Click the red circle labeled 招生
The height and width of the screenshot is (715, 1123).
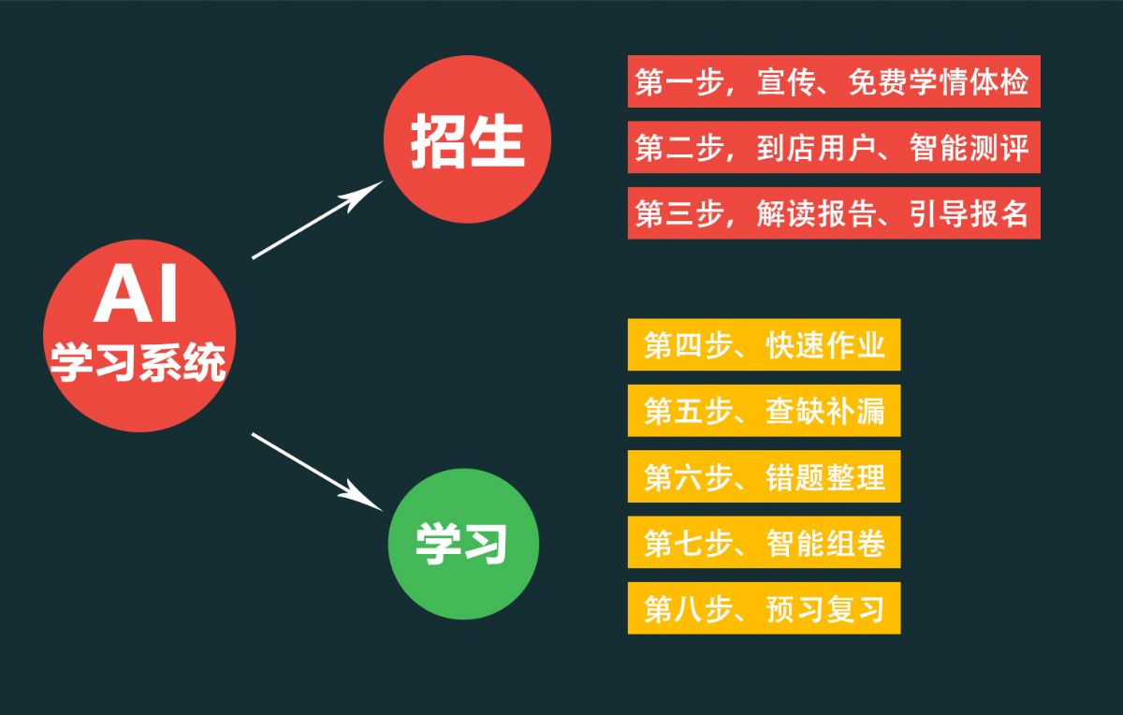467,139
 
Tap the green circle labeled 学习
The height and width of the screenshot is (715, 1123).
464,544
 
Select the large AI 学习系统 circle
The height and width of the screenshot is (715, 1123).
139,336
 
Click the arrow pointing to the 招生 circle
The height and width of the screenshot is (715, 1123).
317,220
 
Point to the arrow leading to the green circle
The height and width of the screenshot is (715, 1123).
317,472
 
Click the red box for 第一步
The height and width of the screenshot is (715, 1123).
834,81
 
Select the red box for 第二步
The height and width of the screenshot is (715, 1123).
834,147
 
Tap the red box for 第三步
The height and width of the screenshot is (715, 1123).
834,213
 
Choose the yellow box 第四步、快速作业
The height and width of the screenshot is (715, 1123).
764,344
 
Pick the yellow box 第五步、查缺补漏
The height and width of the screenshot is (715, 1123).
764,411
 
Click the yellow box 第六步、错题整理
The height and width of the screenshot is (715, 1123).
764,476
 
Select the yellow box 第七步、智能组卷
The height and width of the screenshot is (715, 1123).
764,542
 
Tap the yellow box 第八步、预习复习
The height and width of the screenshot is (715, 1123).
764,608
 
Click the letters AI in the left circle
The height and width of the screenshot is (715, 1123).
136,294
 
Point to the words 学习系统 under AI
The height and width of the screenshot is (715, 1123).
138,362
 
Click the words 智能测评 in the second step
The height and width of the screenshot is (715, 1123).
970,148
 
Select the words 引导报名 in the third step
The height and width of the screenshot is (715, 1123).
970,213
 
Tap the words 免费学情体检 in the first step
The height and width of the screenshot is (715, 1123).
939,81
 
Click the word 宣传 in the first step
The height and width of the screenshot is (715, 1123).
786,81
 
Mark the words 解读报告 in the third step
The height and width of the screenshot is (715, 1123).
817,213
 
